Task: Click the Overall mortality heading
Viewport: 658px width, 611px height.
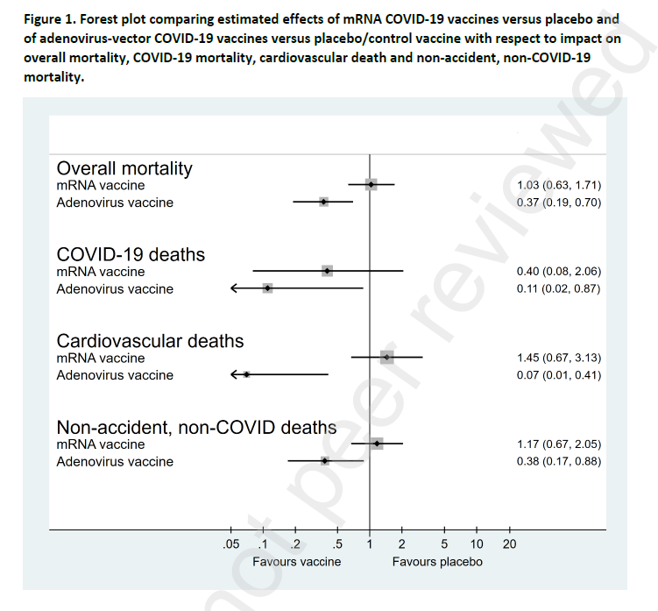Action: pyautogui.click(x=124, y=168)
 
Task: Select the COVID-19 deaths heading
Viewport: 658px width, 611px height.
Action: pyautogui.click(x=131, y=254)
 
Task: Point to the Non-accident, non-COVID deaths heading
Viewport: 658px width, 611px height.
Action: pyautogui.click(x=196, y=427)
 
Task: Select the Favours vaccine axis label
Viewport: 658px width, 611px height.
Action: pyautogui.click(x=297, y=561)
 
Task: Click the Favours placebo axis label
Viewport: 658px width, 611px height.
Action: pyautogui.click(x=437, y=561)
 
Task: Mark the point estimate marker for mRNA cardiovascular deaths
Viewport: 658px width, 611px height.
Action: pyautogui.click(x=386, y=358)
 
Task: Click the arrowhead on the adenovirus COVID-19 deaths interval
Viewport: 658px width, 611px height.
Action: pyautogui.click(x=234, y=288)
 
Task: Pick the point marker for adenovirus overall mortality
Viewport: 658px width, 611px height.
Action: pyautogui.click(x=323, y=202)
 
